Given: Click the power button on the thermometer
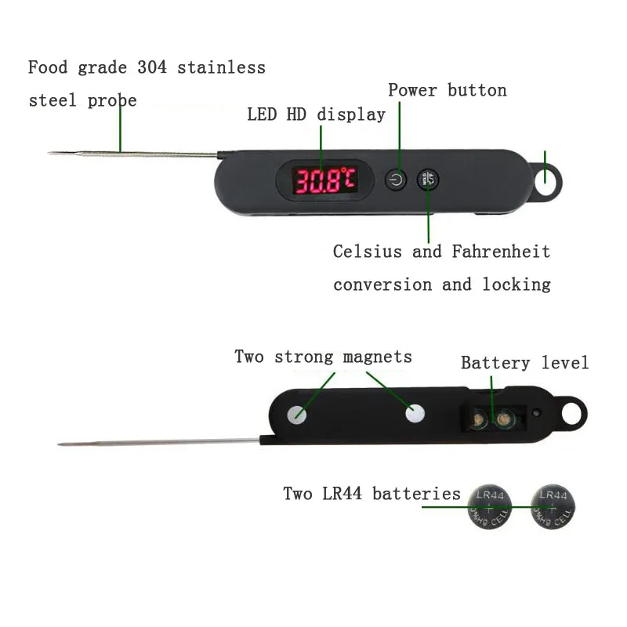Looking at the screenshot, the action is tap(396, 179).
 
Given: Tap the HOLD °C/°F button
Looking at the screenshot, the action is tap(428, 179).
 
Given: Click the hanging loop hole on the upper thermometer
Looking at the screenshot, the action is tap(545, 182).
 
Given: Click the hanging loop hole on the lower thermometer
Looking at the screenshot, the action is tap(572, 414).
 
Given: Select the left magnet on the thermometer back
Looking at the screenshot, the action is tap(297, 415).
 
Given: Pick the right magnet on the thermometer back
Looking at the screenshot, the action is tap(415, 414).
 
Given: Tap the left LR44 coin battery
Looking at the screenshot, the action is tap(489, 507).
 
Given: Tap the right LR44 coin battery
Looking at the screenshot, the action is tap(553, 506).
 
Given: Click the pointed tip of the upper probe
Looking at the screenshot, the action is tap(49, 152).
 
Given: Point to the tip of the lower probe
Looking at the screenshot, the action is tap(59, 444).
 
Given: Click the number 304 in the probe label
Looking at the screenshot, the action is tap(152, 67).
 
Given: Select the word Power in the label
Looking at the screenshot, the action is tap(412, 90).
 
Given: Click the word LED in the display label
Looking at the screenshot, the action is tap(262, 114).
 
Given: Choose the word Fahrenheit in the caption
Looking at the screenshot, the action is tap(501, 252).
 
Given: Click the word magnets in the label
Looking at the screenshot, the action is tap(378, 357).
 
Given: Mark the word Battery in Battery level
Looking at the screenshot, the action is tap(495, 363).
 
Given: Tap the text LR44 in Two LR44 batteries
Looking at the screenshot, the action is tap(342, 494).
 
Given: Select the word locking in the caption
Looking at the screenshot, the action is tap(516, 285).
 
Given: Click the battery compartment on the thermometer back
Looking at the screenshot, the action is tap(493, 419).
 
